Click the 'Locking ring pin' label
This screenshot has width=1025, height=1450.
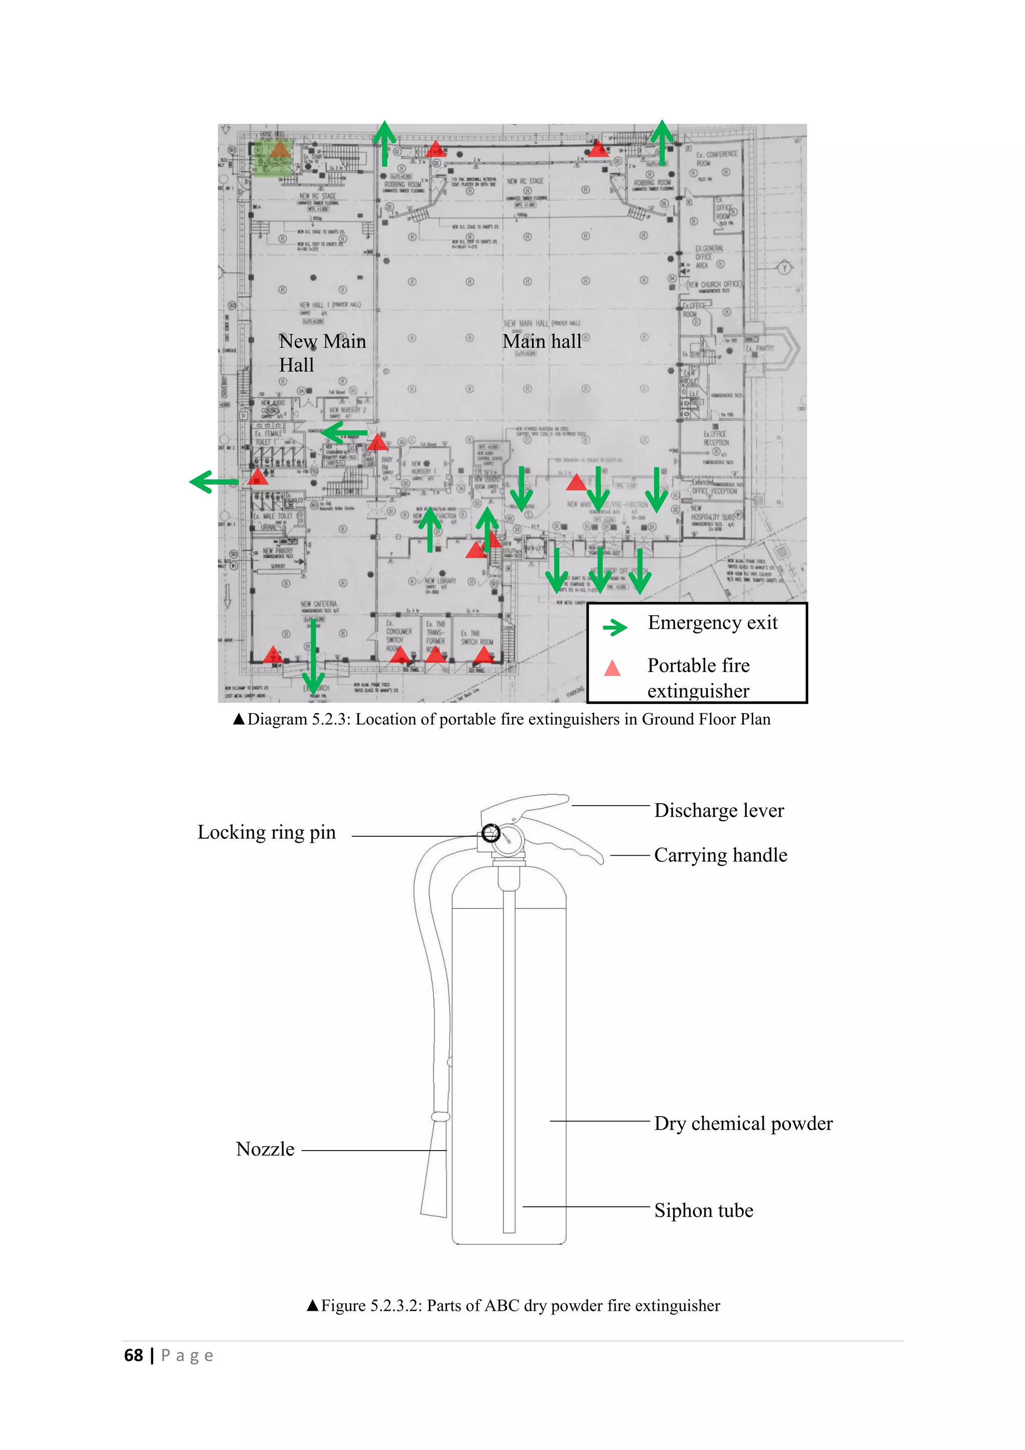point(266,832)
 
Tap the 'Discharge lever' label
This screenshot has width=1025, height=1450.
point(719,810)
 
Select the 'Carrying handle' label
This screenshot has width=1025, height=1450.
point(720,855)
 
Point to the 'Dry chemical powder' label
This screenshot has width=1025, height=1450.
point(743,1124)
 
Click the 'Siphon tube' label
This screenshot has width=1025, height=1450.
point(703,1210)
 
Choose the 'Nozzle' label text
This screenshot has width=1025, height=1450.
point(265,1149)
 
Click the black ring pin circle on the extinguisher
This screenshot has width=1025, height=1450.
point(490,833)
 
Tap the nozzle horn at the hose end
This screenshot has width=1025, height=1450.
point(435,1168)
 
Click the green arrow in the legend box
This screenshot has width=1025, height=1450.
point(615,627)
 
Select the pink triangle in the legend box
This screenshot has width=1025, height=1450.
point(612,668)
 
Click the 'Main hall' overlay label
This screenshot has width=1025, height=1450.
point(542,341)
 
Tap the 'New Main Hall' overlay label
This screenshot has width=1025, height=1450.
point(322,353)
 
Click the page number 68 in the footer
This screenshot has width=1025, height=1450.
point(134,1355)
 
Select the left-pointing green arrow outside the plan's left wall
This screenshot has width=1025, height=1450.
point(213,482)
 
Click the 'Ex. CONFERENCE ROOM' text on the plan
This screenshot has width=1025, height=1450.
point(716,158)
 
